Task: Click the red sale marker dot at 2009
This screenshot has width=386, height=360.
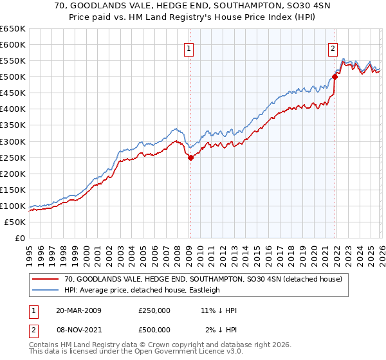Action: tap(190, 157)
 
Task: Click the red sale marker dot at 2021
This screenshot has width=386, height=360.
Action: tap(335, 76)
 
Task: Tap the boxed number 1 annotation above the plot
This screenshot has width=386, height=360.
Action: tap(189, 48)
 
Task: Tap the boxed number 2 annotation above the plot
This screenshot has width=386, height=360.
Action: tap(333, 48)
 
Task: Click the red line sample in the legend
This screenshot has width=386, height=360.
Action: tap(46, 280)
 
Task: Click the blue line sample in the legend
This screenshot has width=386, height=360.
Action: tap(46, 291)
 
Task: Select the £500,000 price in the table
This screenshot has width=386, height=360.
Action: tap(154, 329)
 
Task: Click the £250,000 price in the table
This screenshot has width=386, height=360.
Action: tap(154, 310)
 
